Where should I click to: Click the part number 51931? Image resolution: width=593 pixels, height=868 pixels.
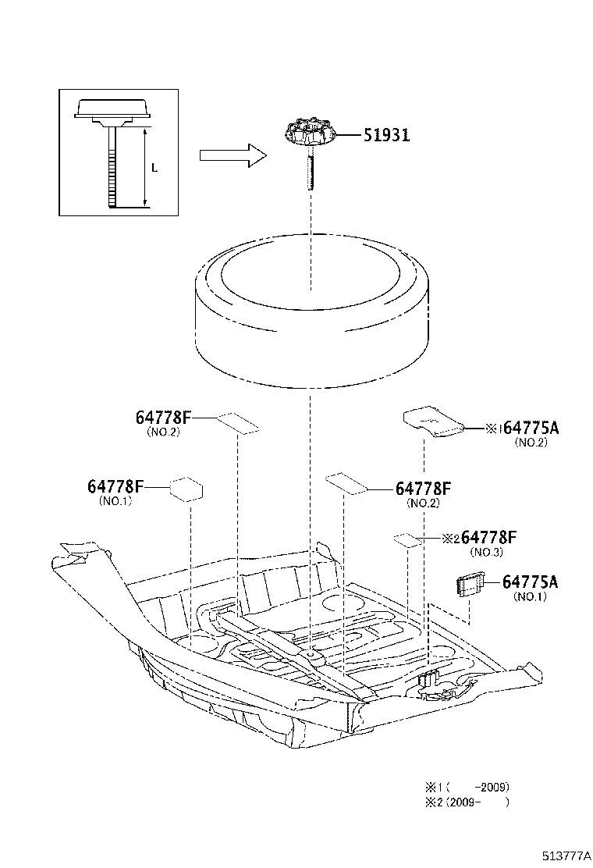pyautogui.click(x=385, y=135)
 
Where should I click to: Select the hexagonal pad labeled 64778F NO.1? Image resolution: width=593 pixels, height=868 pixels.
pyautogui.click(x=187, y=489)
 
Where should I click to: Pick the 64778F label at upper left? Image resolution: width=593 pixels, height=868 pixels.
pyautogui.click(x=163, y=418)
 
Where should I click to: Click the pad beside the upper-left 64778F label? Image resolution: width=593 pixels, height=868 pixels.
pyautogui.click(x=237, y=422)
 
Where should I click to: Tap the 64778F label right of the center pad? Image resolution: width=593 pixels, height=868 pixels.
pyautogui.click(x=424, y=489)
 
